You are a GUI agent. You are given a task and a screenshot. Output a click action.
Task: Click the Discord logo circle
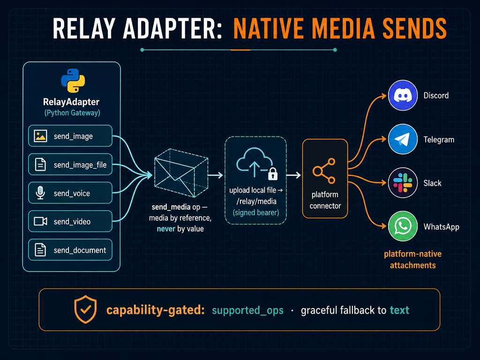point(403,96)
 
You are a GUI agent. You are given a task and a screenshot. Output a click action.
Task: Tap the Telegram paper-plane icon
point(403,139)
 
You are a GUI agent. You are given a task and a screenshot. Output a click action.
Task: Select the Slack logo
point(403,183)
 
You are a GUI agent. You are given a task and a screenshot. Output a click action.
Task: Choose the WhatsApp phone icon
point(403,226)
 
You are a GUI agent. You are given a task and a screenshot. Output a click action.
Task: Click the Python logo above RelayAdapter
point(73,81)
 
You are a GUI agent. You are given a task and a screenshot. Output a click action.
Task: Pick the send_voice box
point(70,193)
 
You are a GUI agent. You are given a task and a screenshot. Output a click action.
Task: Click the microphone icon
point(40,193)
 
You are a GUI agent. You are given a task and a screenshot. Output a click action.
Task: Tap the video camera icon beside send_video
point(40,221)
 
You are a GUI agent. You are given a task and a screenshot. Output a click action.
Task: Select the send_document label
point(80,250)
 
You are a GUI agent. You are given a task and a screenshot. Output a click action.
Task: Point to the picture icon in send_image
point(40,136)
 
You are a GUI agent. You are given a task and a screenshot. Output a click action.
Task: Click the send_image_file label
point(80,165)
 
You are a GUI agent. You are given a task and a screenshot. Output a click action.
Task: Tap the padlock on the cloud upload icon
point(273,173)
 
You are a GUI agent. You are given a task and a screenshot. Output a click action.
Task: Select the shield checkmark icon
point(85,309)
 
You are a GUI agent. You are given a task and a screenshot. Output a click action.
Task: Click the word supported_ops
point(247,310)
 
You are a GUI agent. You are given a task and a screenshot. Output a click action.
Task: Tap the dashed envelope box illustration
point(181,172)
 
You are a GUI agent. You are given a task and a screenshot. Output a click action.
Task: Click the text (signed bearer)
point(256,212)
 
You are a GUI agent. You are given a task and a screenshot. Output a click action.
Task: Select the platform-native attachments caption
point(412,259)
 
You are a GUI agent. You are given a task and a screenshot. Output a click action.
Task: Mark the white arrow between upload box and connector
point(293,175)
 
